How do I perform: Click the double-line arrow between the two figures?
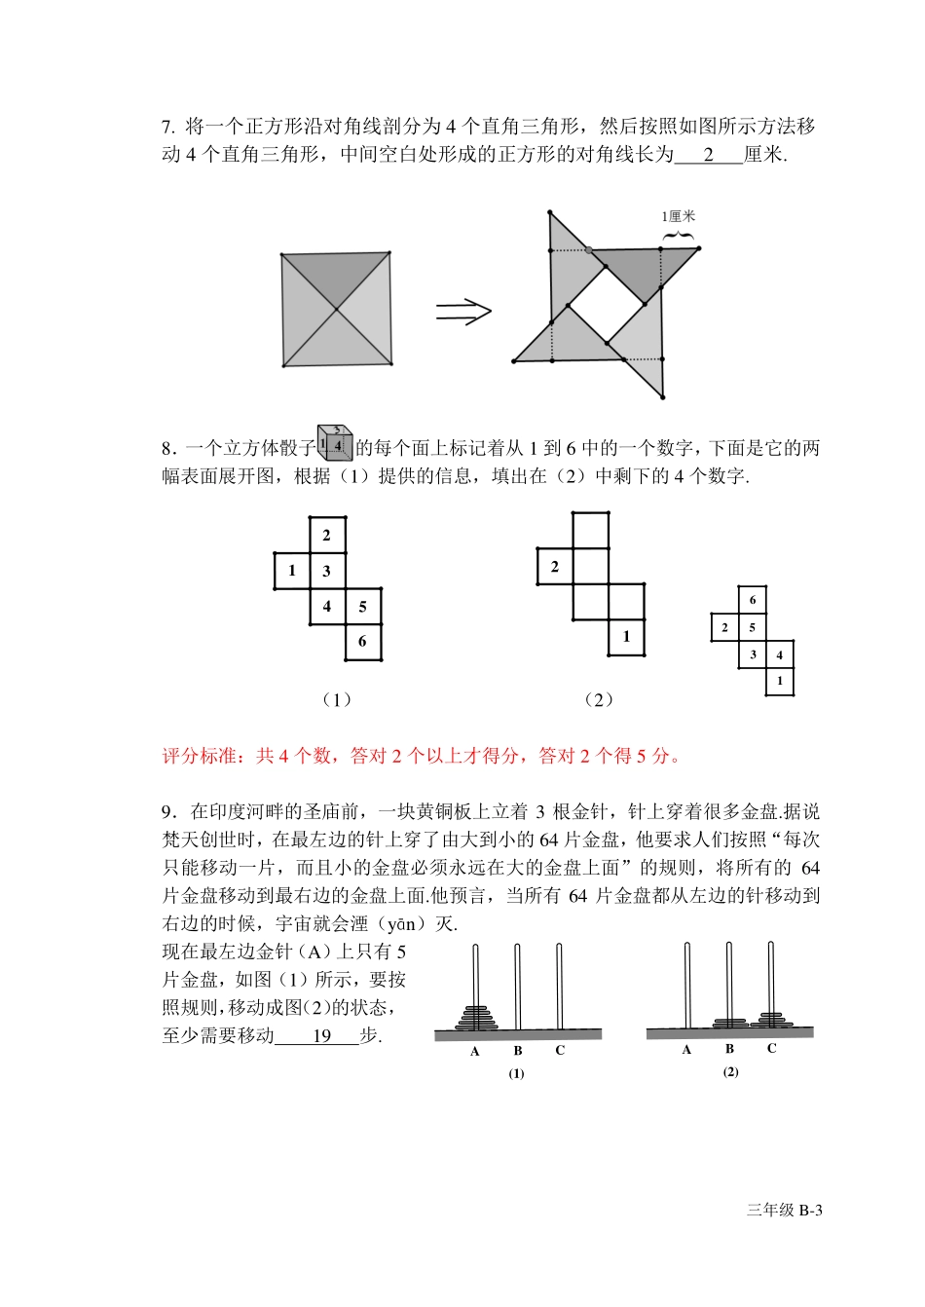tap(463, 312)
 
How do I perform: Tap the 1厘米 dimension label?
tap(679, 217)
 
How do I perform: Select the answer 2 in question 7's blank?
tap(708, 155)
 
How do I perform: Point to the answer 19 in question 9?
tap(321, 1036)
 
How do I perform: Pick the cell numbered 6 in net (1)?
tap(362, 642)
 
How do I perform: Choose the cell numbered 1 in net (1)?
tap(291, 571)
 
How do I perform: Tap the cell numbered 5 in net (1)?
tap(362, 607)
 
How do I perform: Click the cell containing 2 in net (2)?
tap(554, 567)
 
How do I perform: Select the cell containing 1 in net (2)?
tap(626, 637)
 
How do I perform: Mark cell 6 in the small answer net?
tap(752, 600)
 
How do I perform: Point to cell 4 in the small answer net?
tap(780, 655)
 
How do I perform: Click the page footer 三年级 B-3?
tap(784, 1211)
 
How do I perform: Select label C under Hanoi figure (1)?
tap(560, 1051)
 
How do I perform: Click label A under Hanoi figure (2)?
tap(686, 1050)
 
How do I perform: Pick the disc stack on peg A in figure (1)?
tap(475, 1017)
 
